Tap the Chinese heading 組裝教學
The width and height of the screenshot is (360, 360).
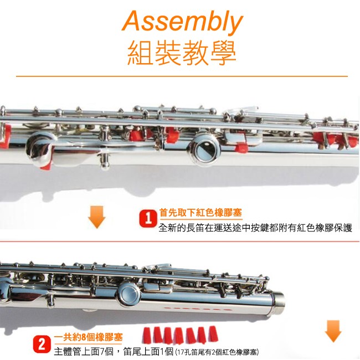point(182,53)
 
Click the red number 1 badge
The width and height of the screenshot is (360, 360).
point(148,219)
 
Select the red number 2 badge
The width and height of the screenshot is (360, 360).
point(42,344)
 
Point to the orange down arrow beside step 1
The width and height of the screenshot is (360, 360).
point(97,217)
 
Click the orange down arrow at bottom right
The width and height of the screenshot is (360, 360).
point(333,331)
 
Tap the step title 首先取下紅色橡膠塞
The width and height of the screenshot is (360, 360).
point(200,213)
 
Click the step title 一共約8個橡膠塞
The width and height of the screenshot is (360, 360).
point(89,337)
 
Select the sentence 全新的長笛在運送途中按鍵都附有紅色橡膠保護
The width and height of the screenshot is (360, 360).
point(255,228)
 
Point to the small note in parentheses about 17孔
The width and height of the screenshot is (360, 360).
point(217,352)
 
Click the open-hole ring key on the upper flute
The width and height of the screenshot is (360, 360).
point(204,148)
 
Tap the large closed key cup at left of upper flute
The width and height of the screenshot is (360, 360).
point(39,148)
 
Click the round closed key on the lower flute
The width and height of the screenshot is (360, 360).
point(129,295)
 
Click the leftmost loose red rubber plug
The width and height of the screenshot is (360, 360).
point(147,335)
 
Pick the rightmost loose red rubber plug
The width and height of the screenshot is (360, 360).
point(213,333)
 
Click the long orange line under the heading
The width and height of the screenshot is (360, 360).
point(182,76)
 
